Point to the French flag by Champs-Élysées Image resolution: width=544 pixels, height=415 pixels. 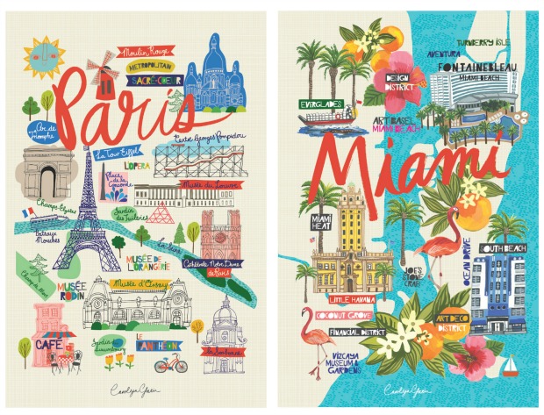point(30,212)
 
